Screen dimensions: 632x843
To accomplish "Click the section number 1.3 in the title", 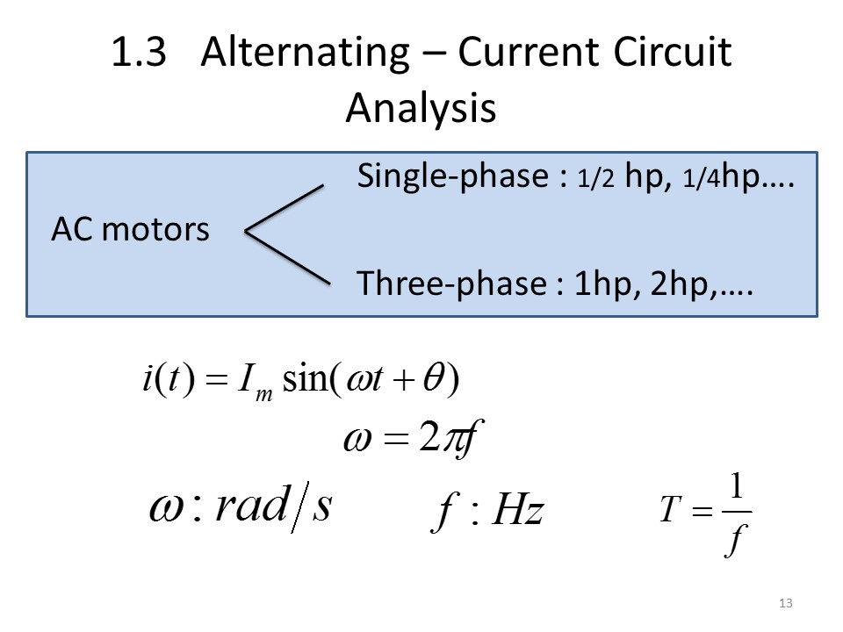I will coord(140,54).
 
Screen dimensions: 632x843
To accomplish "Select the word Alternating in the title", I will coord(304,54).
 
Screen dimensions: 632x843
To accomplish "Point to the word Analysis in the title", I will coord(421,108).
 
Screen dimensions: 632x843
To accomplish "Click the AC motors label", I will coord(131,230).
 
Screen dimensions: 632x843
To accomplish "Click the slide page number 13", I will coord(785,602).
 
